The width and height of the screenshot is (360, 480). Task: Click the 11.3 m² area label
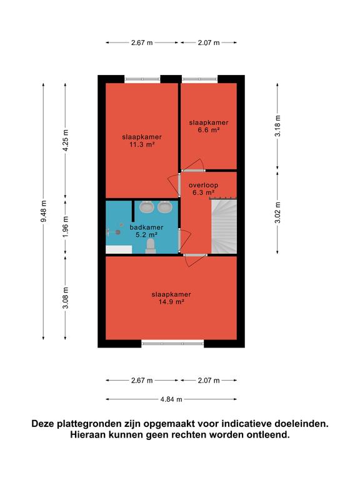coord(141,144)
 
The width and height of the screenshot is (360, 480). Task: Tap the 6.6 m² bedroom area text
coord(209,130)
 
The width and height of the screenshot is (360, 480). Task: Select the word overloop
coord(203,185)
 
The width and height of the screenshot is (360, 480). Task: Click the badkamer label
coord(146,227)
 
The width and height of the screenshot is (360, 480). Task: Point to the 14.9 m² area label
coord(171,302)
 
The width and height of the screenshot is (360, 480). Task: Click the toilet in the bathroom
coord(151,246)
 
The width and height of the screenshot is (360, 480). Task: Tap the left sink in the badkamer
coord(147,207)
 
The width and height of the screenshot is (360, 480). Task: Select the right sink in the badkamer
coord(165,207)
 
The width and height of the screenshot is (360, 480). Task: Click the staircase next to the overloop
coord(224,226)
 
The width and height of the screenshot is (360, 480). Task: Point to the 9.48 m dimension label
coord(44,211)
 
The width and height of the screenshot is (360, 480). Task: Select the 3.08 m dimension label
coord(66,298)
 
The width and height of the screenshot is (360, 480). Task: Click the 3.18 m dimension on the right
coord(277,126)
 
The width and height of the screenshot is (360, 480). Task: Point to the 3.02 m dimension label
coord(277,212)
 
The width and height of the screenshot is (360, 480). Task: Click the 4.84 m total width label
coord(171,399)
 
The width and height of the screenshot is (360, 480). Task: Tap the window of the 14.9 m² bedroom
coord(172,344)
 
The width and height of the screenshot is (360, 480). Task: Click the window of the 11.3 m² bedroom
coord(142,79)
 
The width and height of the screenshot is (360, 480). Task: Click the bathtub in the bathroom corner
coord(119,249)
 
